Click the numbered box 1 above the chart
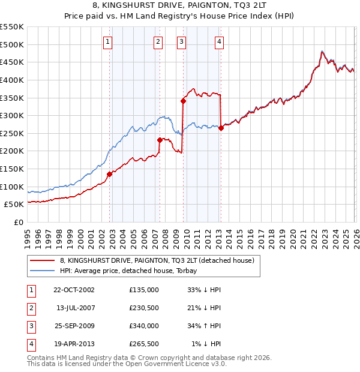point(107,41)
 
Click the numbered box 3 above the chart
point(181,41)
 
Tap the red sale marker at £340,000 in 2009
point(183,101)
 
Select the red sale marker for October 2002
point(110,174)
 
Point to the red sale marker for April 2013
point(221,128)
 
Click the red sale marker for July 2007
point(160,140)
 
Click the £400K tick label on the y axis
point(12,80)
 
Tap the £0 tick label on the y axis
point(19,222)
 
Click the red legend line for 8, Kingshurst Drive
point(42,260)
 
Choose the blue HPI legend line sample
point(42,271)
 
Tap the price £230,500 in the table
point(143,308)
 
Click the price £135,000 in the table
point(143,290)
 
